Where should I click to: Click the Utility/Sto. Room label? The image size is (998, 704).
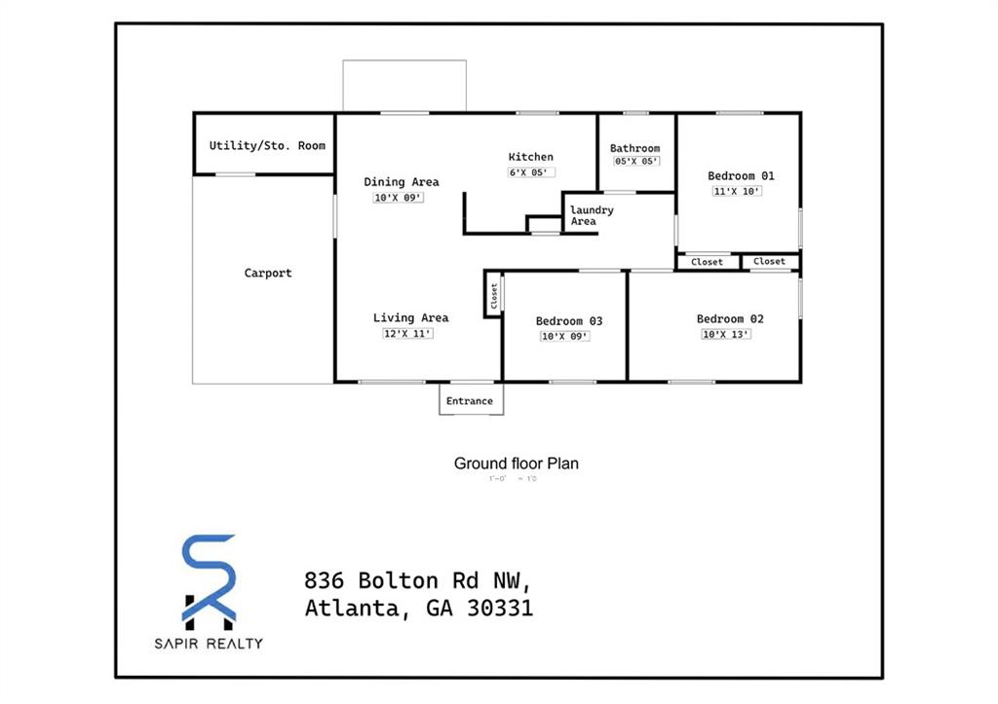267,146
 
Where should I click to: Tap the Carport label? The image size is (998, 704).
267,274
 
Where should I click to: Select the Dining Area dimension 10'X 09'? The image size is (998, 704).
399,198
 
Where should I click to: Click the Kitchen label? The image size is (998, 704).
531,157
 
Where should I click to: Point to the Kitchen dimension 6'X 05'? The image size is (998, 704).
531,172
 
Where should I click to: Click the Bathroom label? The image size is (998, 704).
634,149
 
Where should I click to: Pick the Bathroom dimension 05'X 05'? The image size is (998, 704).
635,162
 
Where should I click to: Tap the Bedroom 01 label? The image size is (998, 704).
741,176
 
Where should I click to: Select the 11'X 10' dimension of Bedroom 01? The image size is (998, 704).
737,192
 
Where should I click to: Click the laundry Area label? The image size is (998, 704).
591,215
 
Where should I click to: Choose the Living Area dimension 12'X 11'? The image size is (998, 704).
407,334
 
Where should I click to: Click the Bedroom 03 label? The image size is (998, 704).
569,321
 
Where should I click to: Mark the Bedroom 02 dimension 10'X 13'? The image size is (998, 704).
726,335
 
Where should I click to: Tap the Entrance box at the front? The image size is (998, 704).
470,401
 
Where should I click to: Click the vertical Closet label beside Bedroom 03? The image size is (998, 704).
494,295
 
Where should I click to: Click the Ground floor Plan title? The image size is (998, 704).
516,463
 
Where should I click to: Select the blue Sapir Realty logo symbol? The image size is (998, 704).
209,580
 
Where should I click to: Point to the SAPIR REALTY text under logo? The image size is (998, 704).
209,643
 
